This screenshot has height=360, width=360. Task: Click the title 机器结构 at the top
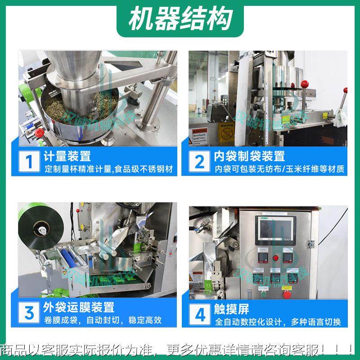[x=180, y=19]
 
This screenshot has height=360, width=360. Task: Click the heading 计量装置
[x=67, y=156]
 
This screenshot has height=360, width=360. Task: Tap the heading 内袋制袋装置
[x=249, y=156]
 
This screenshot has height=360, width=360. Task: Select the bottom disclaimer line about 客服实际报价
[x=180, y=349]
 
